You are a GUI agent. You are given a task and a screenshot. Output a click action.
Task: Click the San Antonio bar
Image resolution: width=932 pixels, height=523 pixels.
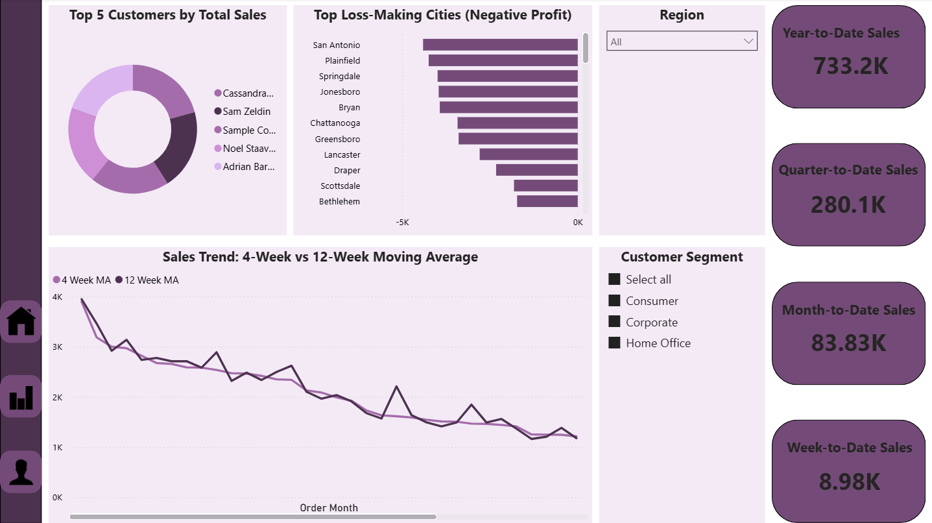point(500,45)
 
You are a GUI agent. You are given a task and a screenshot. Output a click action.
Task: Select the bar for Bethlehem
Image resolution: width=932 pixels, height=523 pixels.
point(547,201)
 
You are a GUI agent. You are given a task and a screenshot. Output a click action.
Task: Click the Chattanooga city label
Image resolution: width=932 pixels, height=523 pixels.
point(335,123)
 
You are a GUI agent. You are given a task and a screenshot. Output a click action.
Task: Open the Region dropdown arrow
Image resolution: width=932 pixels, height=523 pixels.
point(748,42)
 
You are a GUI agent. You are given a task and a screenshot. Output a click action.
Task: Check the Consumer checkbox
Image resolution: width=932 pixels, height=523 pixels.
point(614,301)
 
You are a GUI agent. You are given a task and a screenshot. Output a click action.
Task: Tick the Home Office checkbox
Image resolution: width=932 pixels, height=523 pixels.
point(614,343)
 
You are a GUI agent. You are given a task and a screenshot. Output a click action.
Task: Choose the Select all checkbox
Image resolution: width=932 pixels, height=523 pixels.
point(614,280)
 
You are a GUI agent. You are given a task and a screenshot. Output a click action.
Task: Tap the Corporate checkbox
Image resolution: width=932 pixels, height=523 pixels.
point(614,322)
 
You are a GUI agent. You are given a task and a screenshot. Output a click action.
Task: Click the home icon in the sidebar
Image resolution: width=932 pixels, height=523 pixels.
point(21,321)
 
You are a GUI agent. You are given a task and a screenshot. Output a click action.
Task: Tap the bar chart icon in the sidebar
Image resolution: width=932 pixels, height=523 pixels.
point(21,396)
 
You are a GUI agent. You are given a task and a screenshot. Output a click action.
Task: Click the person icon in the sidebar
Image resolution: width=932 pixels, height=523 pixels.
point(21,472)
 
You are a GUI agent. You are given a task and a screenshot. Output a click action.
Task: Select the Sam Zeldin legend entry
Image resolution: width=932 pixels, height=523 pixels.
point(246,112)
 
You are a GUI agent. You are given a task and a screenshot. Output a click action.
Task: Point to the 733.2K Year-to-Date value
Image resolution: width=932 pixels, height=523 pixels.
point(850,66)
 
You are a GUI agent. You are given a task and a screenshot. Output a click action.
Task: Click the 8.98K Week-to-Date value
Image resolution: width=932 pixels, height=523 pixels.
point(850,482)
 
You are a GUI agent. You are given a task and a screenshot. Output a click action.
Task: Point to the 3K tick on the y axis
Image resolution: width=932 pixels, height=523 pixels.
point(57,347)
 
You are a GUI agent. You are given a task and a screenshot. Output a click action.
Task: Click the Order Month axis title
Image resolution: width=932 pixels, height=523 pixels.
point(329,508)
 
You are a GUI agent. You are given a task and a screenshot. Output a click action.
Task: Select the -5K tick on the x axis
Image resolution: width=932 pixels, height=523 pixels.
point(402,223)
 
